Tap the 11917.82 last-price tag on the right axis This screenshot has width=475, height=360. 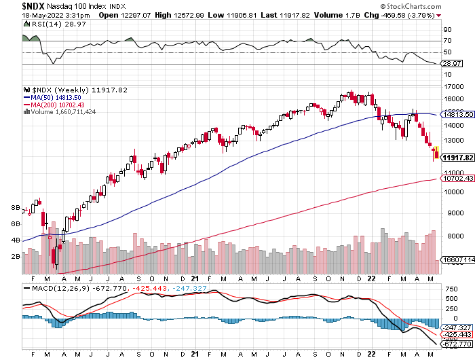(457, 158)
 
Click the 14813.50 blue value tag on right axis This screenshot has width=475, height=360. (457, 115)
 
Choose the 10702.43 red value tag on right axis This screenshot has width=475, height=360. (457, 179)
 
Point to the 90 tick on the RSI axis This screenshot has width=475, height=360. (447, 30)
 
